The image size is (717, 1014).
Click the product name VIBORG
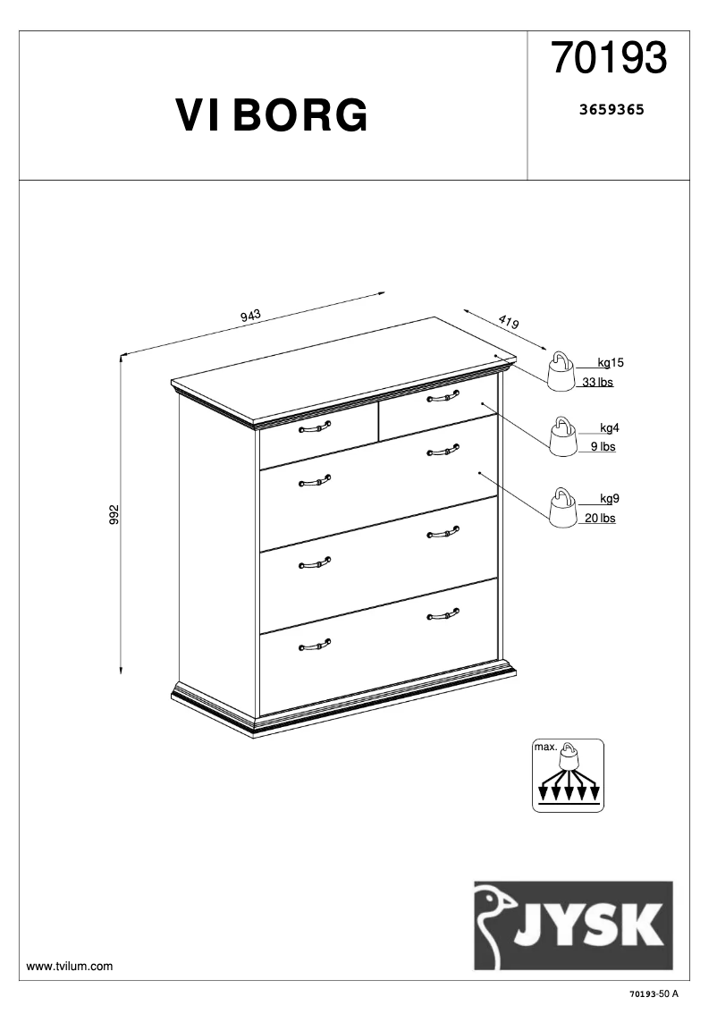(272, 116)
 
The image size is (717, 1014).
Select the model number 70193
(609, 59)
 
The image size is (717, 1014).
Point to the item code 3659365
(612, 111)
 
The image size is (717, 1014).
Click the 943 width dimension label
(250, 315)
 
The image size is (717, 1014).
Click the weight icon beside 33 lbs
(561, 371)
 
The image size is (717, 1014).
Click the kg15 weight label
(611, 363)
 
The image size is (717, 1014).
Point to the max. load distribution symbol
(569, 775)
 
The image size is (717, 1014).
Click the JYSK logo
(573, 925)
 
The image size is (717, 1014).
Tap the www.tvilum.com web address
(70, 967)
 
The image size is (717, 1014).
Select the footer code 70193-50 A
(654, 994)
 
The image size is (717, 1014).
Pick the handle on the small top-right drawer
(443, 395)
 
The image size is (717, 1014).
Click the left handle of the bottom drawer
(314, 645)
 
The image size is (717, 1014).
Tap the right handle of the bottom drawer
(443, 613)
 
